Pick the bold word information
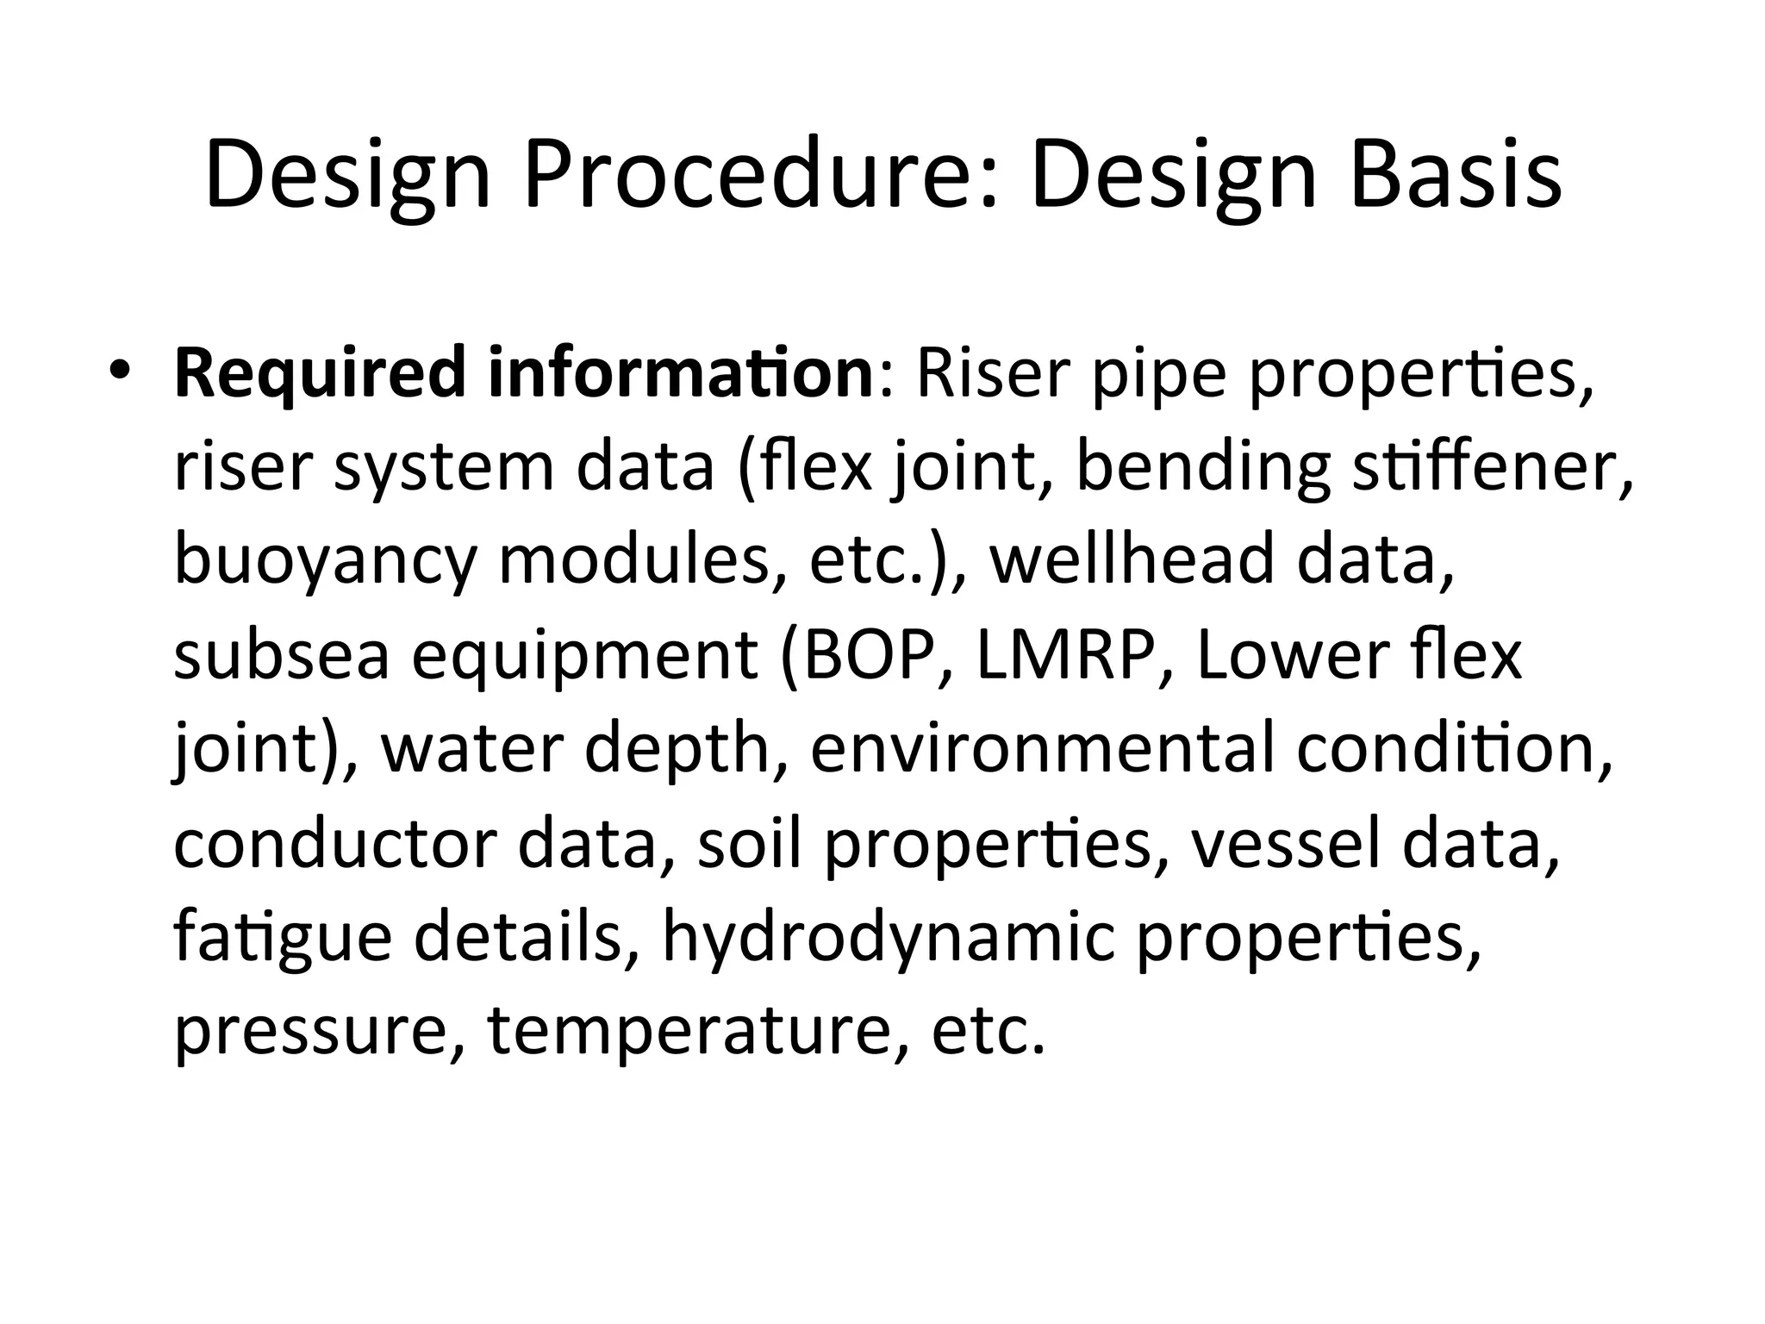pos(680,372)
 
